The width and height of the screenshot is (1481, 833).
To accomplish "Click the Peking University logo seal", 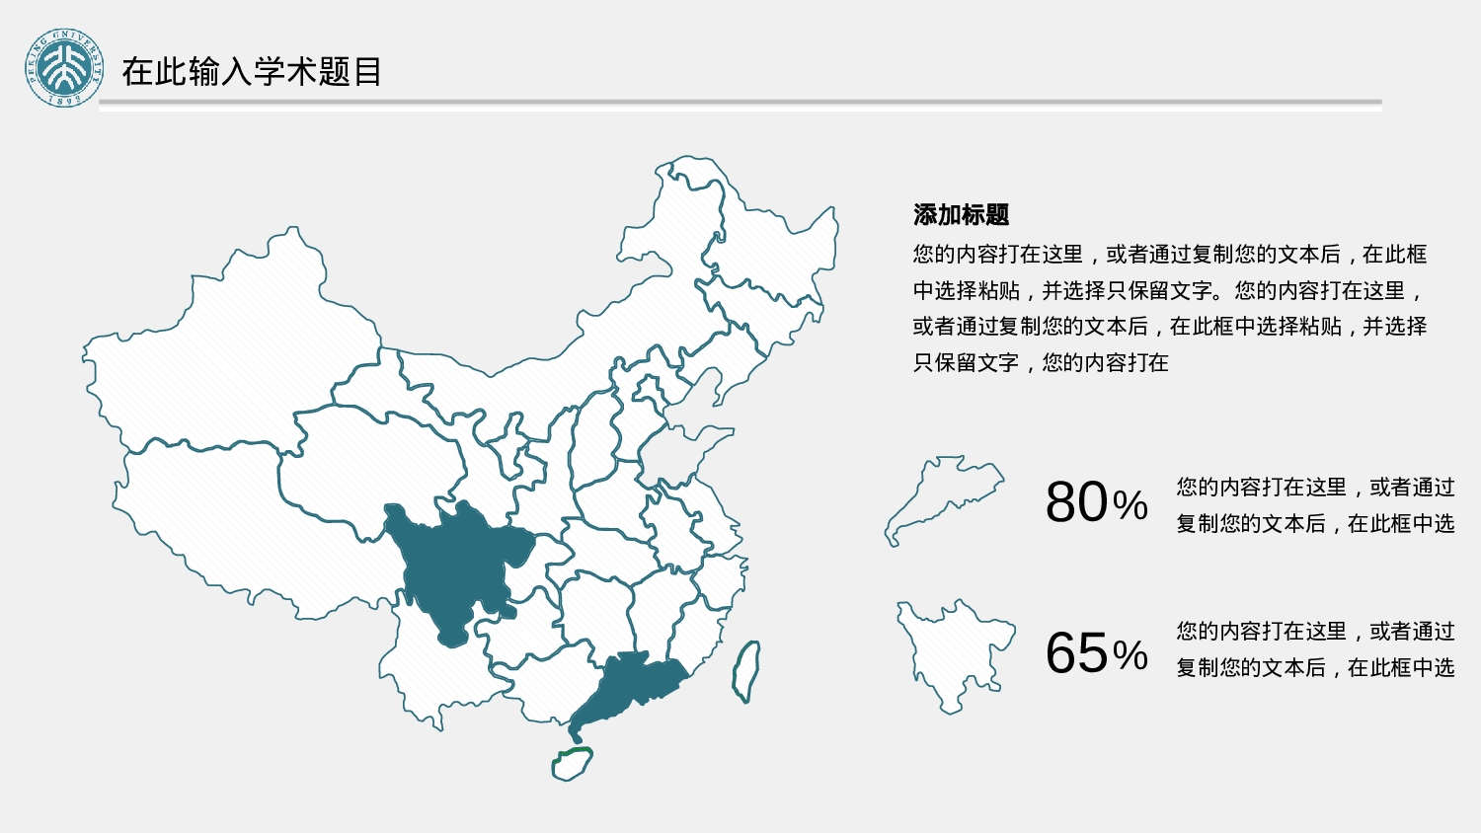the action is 64,68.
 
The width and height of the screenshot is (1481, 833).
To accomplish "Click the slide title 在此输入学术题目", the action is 252,72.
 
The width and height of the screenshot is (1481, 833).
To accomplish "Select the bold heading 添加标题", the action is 961,214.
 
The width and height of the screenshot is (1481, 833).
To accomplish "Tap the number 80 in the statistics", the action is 1076,502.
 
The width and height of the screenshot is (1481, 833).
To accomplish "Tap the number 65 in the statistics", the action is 1076,653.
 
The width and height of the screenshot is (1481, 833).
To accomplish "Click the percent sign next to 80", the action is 1130,506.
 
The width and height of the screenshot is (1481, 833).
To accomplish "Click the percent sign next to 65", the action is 1130,656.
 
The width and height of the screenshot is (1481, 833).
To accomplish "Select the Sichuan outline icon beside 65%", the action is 953,651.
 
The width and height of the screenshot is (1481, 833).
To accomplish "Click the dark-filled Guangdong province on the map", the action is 622,686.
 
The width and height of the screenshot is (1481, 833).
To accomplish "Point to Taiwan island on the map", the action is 746,671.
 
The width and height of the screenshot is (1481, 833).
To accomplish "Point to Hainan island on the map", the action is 572,764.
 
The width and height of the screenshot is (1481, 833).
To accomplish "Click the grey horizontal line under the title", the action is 740,102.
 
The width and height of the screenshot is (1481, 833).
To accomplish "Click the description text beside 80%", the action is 1315,505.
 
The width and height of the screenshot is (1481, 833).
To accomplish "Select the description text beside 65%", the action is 1315,649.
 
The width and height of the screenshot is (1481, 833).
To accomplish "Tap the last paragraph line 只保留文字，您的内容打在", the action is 1041,363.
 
